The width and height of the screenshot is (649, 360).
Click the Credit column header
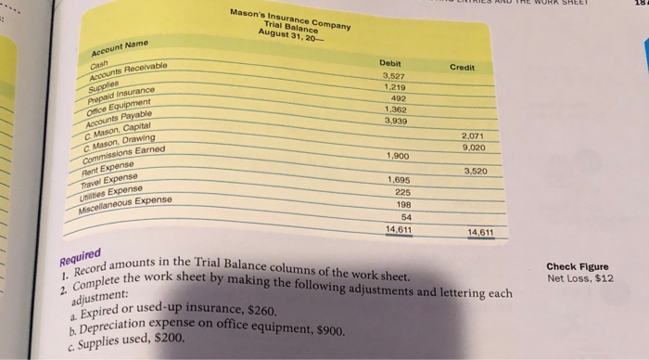[463, 68]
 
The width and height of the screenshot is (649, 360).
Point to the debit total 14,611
[398, 227]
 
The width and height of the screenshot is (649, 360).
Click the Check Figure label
[577, 264]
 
